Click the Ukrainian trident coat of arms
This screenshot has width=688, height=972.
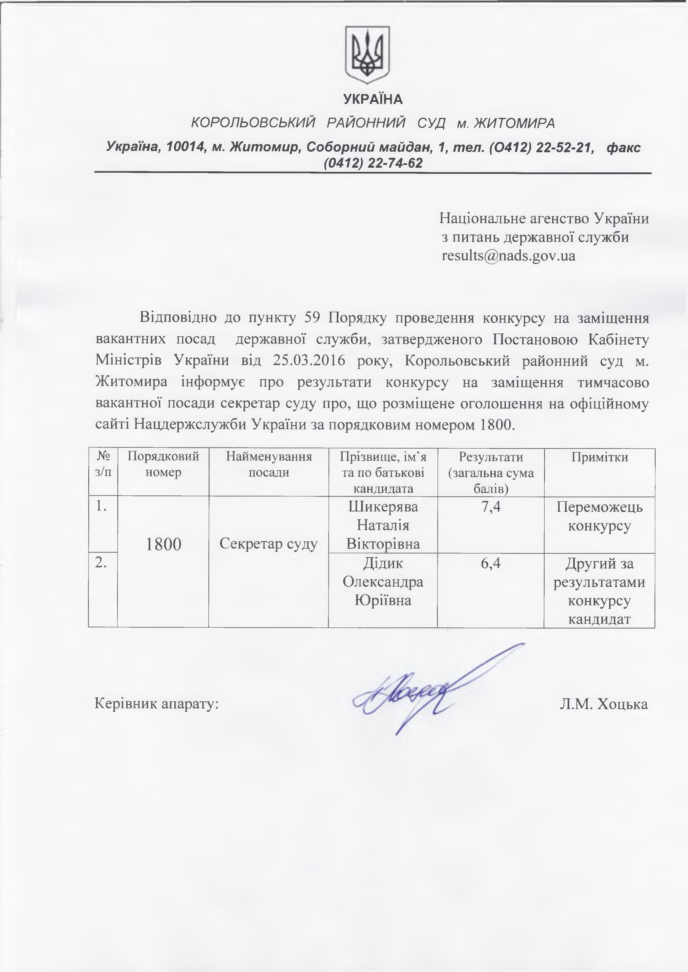tap(367, 54)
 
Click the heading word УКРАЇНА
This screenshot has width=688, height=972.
tap(373, 100)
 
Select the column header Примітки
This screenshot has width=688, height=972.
tap(599, 457)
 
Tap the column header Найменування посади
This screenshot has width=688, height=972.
tap(269, 465)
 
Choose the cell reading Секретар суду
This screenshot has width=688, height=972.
tap(269, 544)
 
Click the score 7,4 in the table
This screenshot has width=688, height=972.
tap(491, 507)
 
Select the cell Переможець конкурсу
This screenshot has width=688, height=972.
tap(599, 516)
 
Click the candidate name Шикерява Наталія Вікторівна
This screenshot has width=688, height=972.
tap(383, 525)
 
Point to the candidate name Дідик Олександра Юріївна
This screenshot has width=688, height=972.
tap(383, 582)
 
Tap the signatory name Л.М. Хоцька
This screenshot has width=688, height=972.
tap(603, 704)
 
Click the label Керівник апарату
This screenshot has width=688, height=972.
tap(157, 704)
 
